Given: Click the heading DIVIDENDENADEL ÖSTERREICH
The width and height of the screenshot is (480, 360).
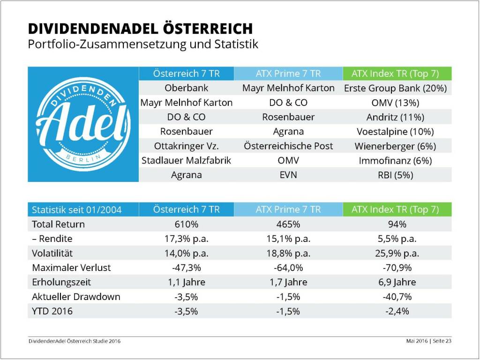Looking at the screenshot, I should coord(140,29).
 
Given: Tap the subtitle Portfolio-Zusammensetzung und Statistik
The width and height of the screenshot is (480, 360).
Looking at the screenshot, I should coord(143,45).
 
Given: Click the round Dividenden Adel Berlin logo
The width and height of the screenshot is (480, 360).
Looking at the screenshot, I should coord(83,124).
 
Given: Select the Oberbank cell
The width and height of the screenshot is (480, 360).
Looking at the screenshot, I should coord(186,88).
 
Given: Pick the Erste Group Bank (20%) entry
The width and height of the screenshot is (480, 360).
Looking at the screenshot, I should coord(395,88).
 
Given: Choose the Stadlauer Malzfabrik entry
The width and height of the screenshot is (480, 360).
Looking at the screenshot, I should coord(186,161).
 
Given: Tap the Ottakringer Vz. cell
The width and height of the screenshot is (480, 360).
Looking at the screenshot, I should coord(186,146).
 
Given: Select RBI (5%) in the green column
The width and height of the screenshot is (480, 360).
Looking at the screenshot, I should coord(395,175).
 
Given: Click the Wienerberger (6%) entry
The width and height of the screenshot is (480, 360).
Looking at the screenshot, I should coord(395,146).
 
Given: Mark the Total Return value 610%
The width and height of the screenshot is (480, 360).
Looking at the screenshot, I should coord(186,224).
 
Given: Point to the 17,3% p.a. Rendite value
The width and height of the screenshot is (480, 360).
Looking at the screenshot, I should coord(186,239).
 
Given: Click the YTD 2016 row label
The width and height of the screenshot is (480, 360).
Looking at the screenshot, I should coord(52,311).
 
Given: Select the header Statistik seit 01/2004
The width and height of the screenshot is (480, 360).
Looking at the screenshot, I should coord(76,210).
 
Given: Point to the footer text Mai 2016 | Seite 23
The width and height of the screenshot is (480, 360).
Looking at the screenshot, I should coord(428,341).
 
